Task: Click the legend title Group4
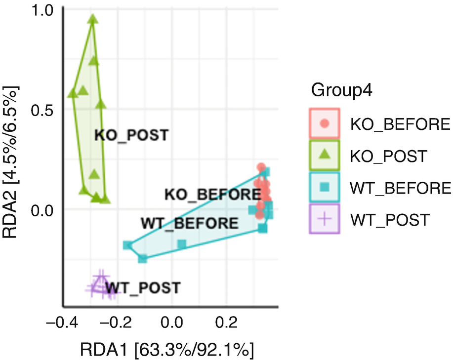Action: pyautogui.click(x=341, y=91)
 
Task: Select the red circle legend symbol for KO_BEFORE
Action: pyautogui.click(x=324, y=123)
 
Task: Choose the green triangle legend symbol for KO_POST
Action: pyautogui.click(x=324, y=155)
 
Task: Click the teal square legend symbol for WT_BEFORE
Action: pyautogui.click(x=324, y=188)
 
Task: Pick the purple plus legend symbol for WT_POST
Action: pyautogui.click(x=324, y=219)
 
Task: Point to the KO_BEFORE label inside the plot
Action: pyautogui.click(x=212, y=195)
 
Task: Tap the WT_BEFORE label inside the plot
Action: pyautogui.click(x=189, y=223)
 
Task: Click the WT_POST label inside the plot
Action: pyautogui.click(x=143, y=287)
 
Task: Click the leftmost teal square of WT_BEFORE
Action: pyautogui.click(x=128, y=245)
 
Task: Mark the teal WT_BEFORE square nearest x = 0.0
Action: pyautogui.click(x=182, y=244)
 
